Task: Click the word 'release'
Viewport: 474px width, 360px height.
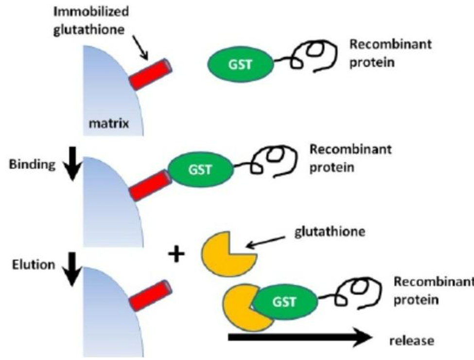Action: click(x=414, y=341)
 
